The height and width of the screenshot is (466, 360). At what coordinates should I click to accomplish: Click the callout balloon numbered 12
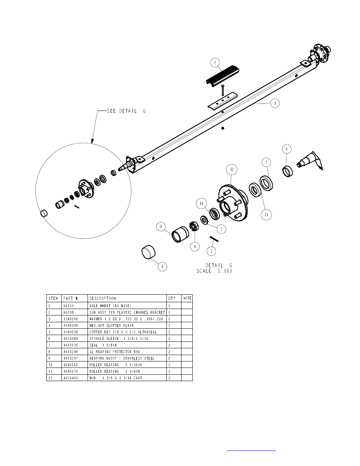point(232,170)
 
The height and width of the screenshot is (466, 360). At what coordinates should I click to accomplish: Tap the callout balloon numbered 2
point(215,63)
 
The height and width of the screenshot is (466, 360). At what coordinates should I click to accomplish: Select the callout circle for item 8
point(162,266)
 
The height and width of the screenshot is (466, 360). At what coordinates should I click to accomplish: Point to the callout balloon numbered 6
point(287,149)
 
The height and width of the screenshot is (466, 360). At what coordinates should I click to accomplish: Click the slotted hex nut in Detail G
point(194,227)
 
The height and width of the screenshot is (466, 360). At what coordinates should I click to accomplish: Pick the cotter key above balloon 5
point(214,239)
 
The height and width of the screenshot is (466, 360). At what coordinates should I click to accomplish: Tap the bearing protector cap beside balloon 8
point(149,252)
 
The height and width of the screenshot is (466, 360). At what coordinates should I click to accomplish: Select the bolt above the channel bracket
point(223,90)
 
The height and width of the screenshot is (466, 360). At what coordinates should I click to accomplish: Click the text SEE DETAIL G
point(126,111)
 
